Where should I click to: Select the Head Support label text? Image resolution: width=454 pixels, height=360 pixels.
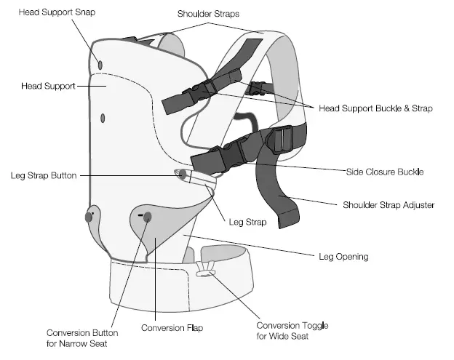[x=49, y=86]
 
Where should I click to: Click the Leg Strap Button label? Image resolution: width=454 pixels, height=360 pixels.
[x=44, y=175]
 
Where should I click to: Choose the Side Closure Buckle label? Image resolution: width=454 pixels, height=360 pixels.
[x=384, y=172]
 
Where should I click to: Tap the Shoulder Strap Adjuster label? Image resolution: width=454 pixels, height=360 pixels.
[x=389, y=205]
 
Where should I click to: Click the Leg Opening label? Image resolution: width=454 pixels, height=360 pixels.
[x=343, y=256]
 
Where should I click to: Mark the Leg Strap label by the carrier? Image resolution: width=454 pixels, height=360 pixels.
[x=247, y=223]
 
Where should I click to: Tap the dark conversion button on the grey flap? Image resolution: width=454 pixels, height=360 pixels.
[x=147, y=216]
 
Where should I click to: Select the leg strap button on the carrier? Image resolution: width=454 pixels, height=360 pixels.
[x=181, y=173]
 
